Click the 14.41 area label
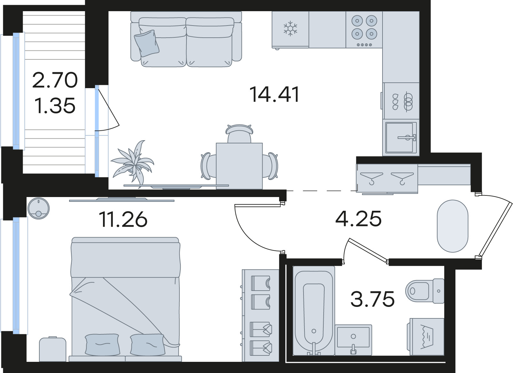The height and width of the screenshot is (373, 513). [274, 94]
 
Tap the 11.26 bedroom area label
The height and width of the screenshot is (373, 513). [123, 219]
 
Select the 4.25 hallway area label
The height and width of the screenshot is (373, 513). [359, 219]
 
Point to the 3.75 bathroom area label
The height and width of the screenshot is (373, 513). [373, 299]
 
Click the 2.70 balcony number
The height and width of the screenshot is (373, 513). [55, 80]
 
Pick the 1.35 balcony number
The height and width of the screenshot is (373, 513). [55, 105]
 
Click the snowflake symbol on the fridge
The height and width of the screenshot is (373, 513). [290, 29]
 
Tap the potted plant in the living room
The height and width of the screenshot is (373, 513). [133, 164]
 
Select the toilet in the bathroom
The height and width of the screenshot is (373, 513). [425, 291]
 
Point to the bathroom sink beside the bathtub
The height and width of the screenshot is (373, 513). [353, 340]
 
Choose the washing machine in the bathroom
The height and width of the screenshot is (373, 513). [425, 337]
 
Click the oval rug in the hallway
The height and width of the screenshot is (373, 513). [453, 226]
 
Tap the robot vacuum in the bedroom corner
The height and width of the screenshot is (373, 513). [38, 208]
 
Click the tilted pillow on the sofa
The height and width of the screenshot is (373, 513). [146, 43]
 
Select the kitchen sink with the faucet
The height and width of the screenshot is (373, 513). [401, 138]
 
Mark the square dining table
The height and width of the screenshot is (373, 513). [239, 166]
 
